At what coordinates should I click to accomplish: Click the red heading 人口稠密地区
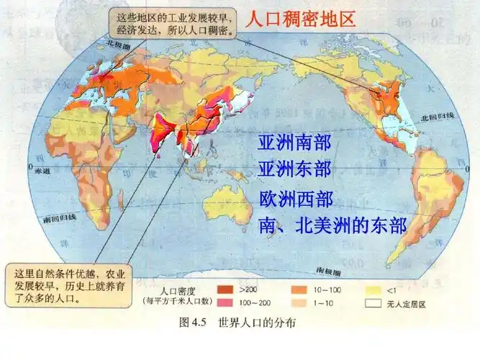pyautogui.click(x=301, y=19)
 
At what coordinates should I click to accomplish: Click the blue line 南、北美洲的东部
pyautogui.click(x=332, y=227)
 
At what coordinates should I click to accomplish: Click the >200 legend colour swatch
pyautogui.click(x=226, y=290)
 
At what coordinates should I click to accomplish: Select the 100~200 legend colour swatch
pyautogui.click(x=226, y=304)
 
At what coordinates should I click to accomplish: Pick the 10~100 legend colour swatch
pyautogui.click(x=299, y=290)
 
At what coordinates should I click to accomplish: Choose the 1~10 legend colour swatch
pyautogui.click(x=299, y=304)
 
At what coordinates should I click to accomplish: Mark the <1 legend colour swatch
pyautogui.click(x=373, y=290)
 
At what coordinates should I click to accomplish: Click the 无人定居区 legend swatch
pyautogui.click(x=373, y=304)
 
